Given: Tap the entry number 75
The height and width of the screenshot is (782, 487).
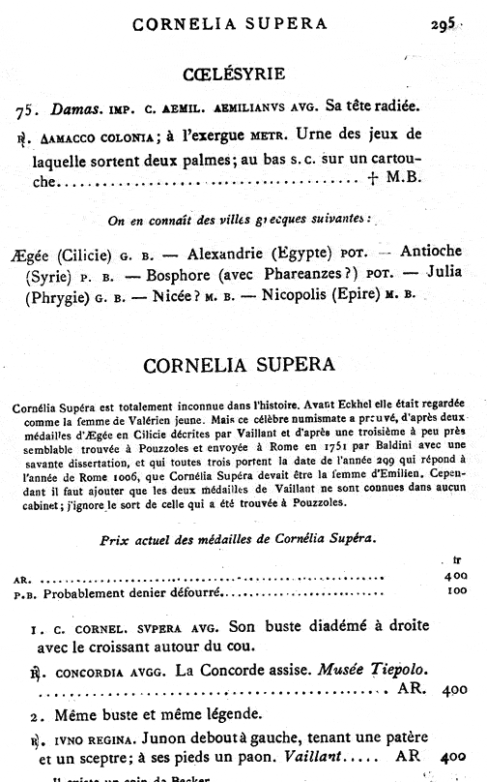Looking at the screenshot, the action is [x=30, y=109].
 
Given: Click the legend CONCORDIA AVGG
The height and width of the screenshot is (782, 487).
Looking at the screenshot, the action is [x=90, y=671].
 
